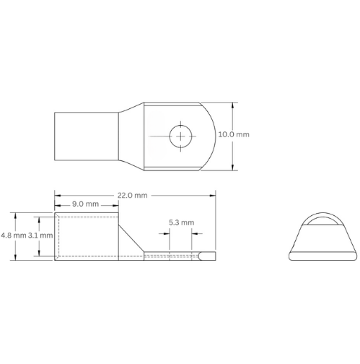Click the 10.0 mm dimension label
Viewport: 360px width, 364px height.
click(254, 135)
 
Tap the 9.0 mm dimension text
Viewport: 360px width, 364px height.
click(88, 205)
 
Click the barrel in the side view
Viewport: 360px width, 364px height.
click(85, 237)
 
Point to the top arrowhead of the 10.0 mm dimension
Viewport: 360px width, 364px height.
click(233, 103)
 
